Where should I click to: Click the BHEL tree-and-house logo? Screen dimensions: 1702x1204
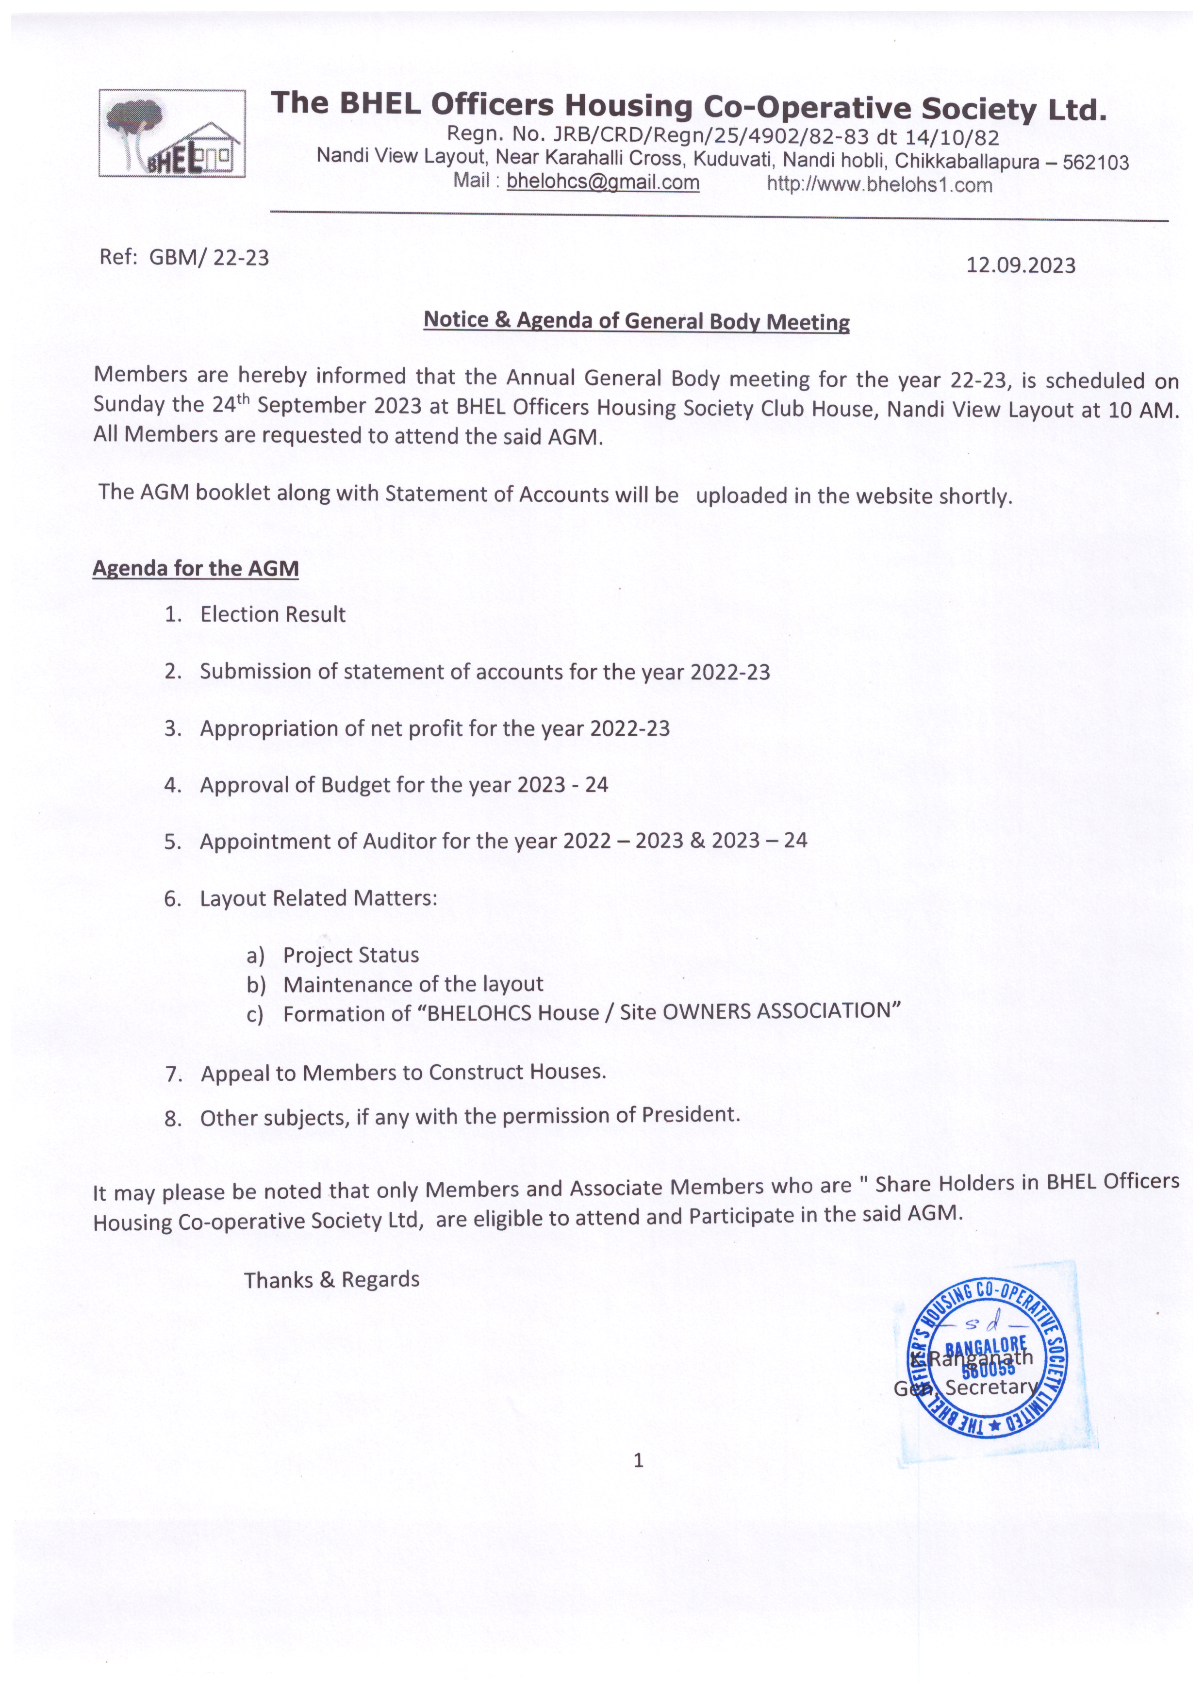(x=172, y=133)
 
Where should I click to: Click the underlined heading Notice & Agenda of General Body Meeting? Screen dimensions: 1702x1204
(x=636, y=321)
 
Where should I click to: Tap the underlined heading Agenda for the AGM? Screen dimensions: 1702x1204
(x=196, y=569)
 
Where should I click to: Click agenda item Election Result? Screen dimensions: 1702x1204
(x=273, y=614)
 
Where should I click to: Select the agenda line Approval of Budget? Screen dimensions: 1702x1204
(x=404, y=785)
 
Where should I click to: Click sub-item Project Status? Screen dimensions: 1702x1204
(x=351, y=955)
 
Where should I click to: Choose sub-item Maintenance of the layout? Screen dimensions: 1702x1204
(x=413, y=984)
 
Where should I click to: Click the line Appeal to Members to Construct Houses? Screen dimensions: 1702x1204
(x=403, y=1073)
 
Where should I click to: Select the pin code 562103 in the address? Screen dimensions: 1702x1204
(x=1096, y=163)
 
